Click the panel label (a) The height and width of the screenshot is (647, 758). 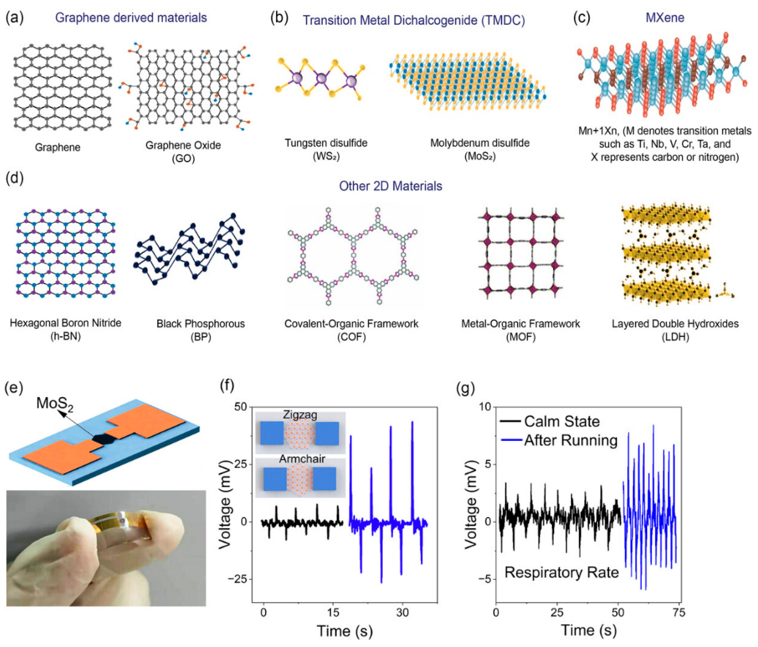point(15,18)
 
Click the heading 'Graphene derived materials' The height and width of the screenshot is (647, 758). point(131,18)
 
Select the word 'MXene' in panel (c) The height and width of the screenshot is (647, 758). point(665,18)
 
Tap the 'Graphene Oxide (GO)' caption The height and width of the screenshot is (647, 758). point(183,152)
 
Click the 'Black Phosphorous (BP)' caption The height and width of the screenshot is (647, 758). point(200,330)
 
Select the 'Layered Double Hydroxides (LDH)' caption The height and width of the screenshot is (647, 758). point(675,330)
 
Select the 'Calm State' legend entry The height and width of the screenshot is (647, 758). point(562,422)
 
